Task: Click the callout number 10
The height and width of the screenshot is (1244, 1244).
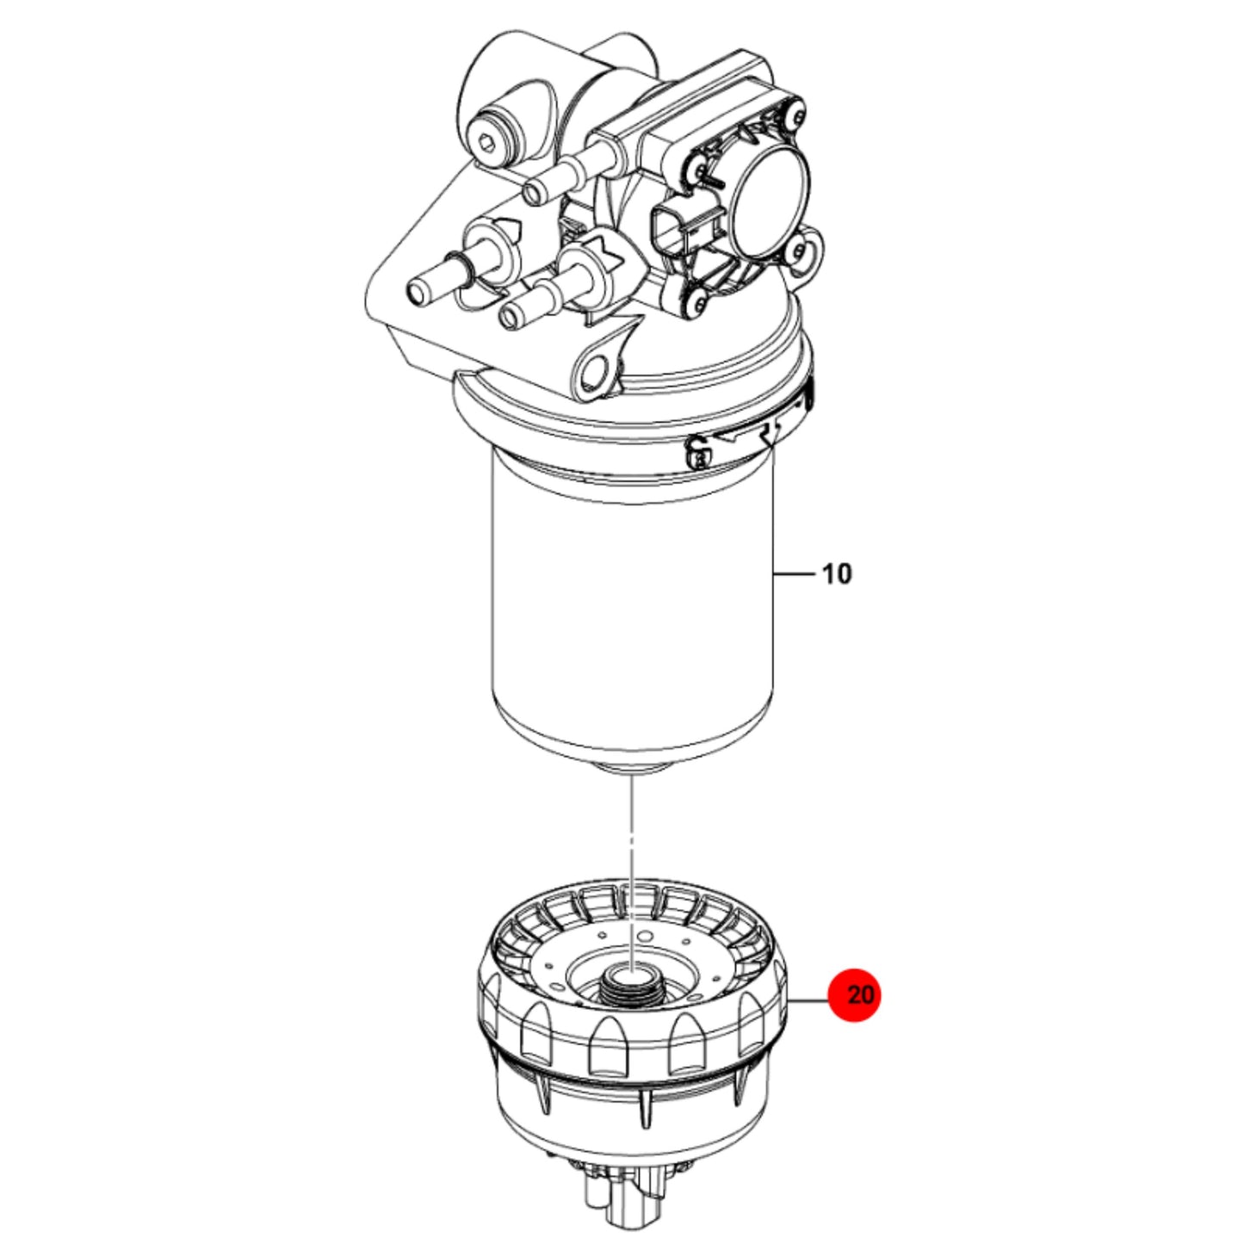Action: pos(837,573)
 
